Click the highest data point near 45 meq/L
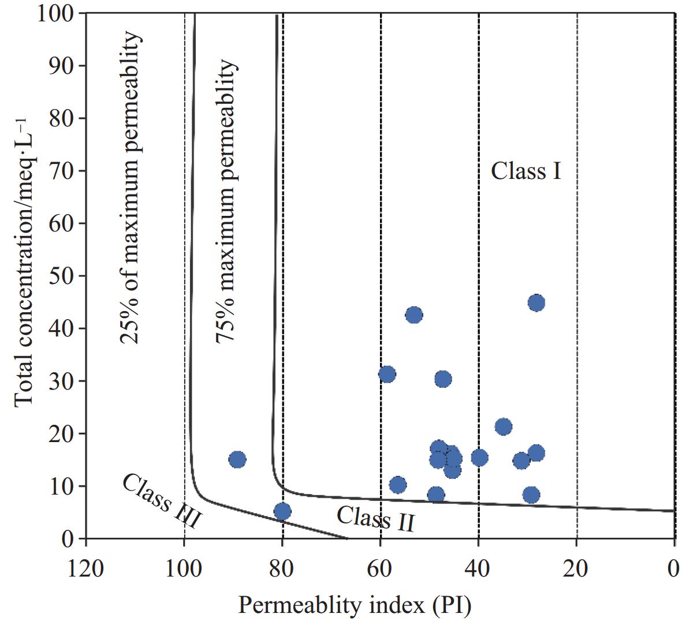[536, 302]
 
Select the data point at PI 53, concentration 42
[414, 315]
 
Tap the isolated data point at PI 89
[237, 459]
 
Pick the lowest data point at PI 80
[282, 511]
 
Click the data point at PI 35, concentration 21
[504, 427]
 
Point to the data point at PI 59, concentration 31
[387, 375]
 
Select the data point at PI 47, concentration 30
[443, 379]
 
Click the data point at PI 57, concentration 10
[398, 485]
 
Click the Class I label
[526, 171]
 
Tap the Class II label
[375, 518]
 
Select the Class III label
[162, 501]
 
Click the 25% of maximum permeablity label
[131, 188]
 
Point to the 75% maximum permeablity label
[226, 202]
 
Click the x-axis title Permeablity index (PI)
[355, 605]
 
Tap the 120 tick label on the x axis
[86, 568]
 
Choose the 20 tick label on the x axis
[576, 568]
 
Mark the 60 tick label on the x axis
[381, 568]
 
